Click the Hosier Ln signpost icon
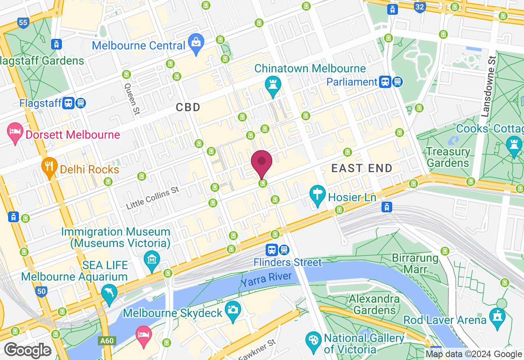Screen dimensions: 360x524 coord(316,195)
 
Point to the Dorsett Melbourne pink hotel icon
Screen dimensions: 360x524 coord(16,133)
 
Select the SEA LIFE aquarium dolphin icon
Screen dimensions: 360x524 coord(109,293)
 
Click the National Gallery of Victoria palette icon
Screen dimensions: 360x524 coord(314,341)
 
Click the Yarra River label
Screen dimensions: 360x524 coord(267,280)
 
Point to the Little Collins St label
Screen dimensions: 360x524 coord(152,198)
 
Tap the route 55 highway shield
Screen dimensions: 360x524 coord(23,22)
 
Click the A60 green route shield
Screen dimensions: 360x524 coord(106,340)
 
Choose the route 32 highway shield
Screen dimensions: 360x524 coord(419,7)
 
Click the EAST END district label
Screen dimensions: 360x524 coord(362,168)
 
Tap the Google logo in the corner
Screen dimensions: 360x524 coord(27,351)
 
